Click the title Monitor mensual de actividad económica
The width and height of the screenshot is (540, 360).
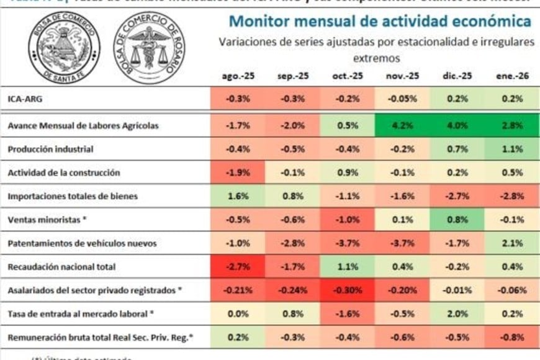[x=380, y=21]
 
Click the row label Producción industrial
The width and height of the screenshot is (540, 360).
[x=50, y=150]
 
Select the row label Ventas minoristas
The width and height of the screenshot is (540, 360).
[x=43, y=220]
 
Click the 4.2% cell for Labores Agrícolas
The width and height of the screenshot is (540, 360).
[x=402, y=125]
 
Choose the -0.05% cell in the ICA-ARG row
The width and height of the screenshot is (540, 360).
[x=402, y=99]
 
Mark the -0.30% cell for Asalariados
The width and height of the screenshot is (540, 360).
[x=348, y=290]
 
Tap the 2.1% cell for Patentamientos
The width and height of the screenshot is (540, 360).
[x=511, y=243]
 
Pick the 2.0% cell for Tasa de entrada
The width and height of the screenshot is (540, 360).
[x=457, y=314]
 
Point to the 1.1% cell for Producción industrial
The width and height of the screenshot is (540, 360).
[x=511, y=150]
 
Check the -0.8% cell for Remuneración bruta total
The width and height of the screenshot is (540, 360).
[x=511, y=338]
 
